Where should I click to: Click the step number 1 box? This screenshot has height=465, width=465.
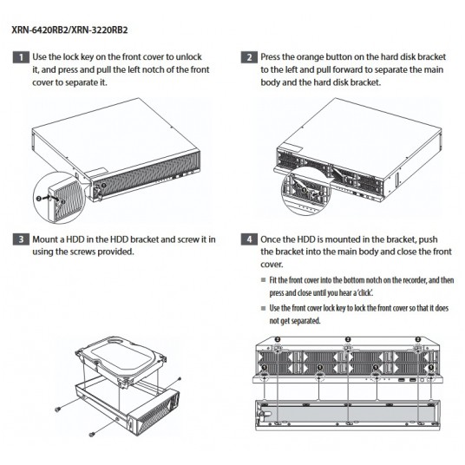click(x=21, y=57)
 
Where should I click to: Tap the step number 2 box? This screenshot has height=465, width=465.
click(x=249, y=57)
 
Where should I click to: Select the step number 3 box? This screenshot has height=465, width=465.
click(x=21, y=239)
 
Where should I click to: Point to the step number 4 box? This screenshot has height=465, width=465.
click(x=249, y=239)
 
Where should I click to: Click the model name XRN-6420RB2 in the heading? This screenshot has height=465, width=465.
click(x=40, y=30)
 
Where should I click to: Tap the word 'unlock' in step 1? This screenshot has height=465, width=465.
click(x=189, y=56)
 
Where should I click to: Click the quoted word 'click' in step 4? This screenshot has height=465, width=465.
click(x=365, y=292)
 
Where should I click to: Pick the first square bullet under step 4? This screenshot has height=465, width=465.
click(x=263, y=279)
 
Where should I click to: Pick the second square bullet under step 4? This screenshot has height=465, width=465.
click(x=263, y=308)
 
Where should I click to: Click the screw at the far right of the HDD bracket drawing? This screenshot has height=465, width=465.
click(x=179, y=378)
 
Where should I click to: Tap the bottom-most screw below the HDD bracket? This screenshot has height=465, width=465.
click(x=92, y=434)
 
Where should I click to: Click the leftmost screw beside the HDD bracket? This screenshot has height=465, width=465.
click(x=58, y=409)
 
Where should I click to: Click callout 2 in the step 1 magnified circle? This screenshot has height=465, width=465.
click(x=38, y=199)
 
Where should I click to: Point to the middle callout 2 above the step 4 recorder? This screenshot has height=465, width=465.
click(x=348, y=339)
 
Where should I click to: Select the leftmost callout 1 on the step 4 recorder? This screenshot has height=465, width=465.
click(x=264, y=368)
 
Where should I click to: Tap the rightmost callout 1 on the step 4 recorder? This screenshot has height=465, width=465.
click(x=431, y=368)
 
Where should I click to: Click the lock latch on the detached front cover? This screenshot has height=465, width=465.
click(x=265, y=413)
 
